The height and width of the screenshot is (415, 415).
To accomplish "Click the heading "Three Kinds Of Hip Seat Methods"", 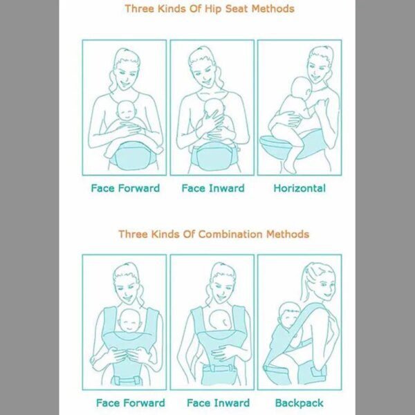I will click(209, 9).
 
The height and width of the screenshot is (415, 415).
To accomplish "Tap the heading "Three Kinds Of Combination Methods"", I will click(213, 234).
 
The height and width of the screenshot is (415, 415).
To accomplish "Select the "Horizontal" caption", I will click(299, 188).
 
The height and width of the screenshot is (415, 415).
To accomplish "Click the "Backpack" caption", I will click(299, 403).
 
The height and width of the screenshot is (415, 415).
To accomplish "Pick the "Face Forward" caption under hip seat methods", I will click(125, 188).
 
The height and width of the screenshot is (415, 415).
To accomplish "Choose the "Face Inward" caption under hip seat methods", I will click(212, 188).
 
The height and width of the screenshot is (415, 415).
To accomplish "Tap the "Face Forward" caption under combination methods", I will click(130, 403).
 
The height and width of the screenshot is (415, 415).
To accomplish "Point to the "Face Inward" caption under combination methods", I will click(218, 403).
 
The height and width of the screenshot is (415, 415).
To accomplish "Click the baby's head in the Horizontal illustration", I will click(302, 88).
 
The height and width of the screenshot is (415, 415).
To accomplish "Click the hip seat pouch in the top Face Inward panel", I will click(214, 154).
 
